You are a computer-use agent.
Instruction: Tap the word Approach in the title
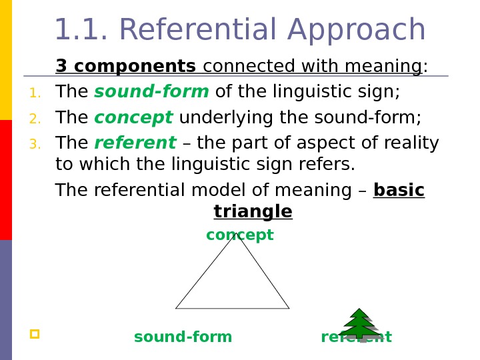click(357, 32)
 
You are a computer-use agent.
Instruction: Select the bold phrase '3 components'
click(125, 67)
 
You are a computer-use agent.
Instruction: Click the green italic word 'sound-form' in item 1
click(151, 92)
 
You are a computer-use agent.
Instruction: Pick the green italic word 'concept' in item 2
click(133, 119)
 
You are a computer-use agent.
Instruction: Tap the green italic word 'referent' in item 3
click(135, 143)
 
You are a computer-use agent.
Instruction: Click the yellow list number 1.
click(35, 93)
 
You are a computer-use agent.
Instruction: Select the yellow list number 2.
click(35, 119)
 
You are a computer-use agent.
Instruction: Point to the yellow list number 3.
click(35, 145)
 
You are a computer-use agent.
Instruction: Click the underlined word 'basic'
click(399, 191)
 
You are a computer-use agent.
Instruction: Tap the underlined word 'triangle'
click(253, 212)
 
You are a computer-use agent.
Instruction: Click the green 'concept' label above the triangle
click(239, 235)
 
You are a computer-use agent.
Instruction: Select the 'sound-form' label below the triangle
click(183, 337)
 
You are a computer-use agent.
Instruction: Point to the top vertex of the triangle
click(236, 233)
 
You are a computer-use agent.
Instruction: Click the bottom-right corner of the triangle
click(289, 308)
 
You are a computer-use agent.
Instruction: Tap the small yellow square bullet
click(35, 333)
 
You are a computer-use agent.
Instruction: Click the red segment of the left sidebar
click(6, 180)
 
